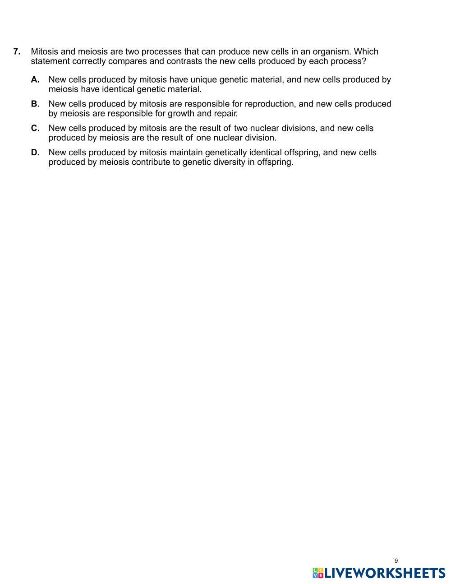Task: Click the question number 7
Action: pos(17,51)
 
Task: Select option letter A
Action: pos(35,80)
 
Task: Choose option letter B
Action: pos(35,104)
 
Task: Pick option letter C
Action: pos(35,129)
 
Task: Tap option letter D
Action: pos(35,153)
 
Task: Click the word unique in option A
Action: pos(203,80)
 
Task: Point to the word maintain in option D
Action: pos(186,153)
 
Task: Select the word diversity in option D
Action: pos(229,162)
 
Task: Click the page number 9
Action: pos(396,561)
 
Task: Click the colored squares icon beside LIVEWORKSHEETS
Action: pos(318,573)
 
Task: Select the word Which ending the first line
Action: pos(366,51)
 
